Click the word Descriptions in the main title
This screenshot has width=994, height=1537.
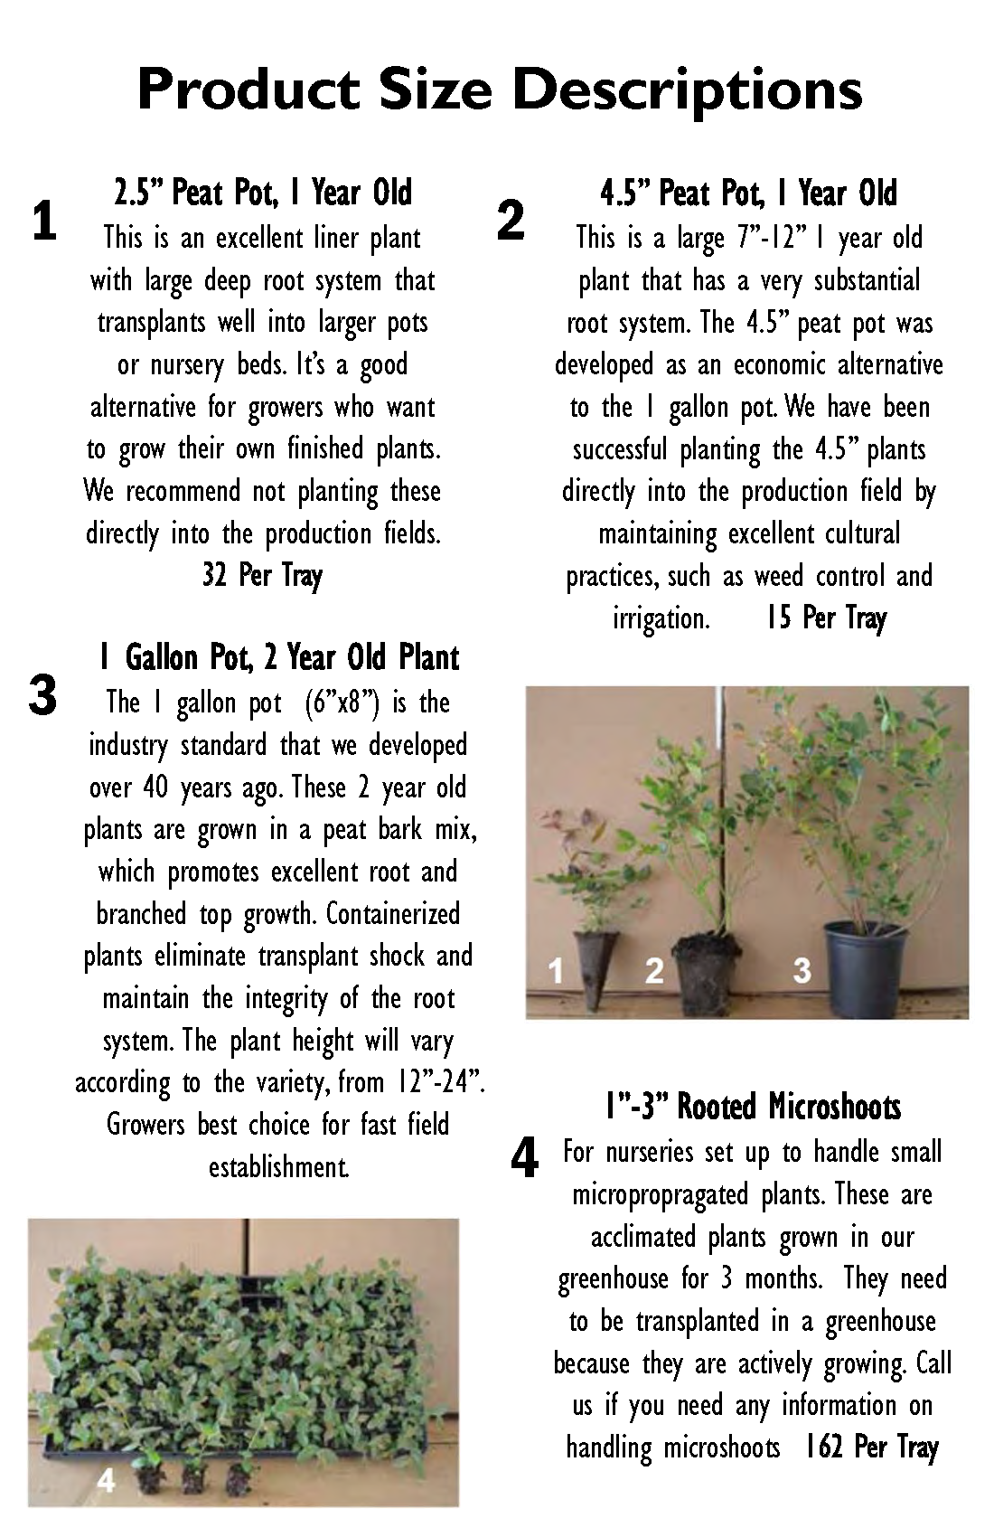point(690,91)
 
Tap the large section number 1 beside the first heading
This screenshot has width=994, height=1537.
point(43,222)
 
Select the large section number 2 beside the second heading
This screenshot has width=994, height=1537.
point(511,221)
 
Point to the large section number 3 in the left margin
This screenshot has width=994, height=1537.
point(42,696)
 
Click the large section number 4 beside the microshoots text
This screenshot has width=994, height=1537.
point(525,1158)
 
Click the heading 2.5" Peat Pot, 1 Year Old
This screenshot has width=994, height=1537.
point(263,193)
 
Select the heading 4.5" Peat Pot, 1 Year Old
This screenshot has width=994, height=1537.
point(749,193)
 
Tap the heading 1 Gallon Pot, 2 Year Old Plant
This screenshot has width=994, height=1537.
point(278,657)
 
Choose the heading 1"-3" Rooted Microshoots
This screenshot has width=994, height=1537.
point(753,1106)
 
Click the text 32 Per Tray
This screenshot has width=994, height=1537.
point(263,575)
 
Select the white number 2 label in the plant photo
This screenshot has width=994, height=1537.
point(654,970)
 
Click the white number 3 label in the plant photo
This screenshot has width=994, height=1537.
point(802,970)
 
